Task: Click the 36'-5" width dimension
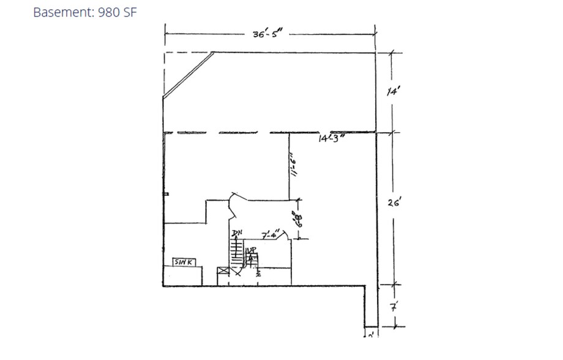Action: click(x=267, y=35)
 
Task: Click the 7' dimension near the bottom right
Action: click(x=392, y=304)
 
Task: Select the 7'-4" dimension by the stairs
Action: click(x=270, y=234)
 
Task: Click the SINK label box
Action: click(x=184, y=261)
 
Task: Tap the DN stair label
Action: click(x=236, y=233)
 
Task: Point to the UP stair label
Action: click(x=250, y=250)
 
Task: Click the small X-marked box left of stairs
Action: click(x=222, y=271)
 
